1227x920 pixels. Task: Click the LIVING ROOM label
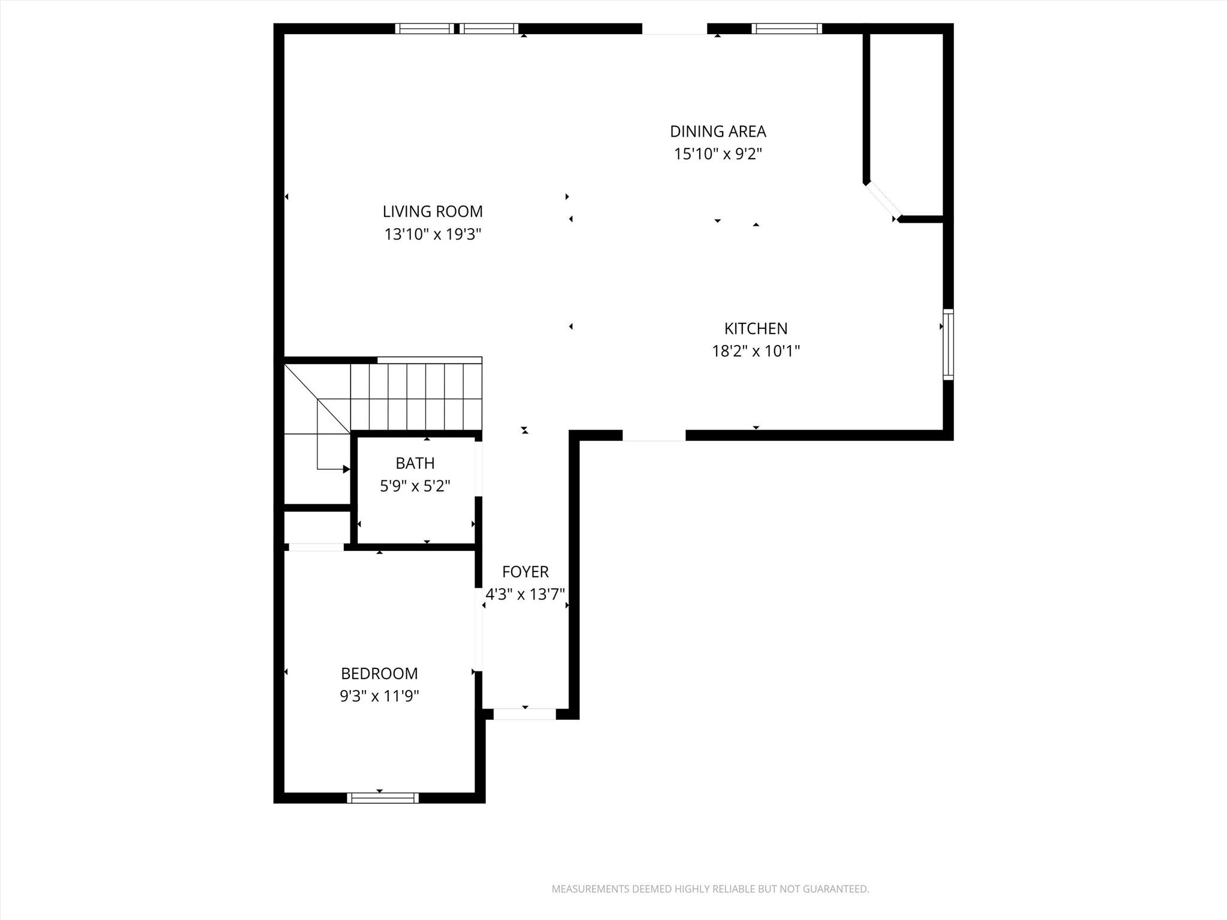pos(433,211)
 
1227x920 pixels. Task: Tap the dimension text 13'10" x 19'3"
pos(433,234)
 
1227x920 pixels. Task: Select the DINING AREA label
pos(718,131)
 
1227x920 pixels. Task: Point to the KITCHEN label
pos(755,328)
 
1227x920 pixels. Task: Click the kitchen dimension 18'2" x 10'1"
pos(755,351)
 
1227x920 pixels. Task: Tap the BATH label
pos(415,463)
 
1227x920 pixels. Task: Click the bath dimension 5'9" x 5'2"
pos(415,486)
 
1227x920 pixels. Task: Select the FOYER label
pos(525,572)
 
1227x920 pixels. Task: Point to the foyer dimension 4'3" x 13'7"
pos(525,594)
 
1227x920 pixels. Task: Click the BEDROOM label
pos(379,673)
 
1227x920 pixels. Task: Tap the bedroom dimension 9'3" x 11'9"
pos(379,696)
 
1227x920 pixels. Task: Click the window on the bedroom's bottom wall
pos(382,797)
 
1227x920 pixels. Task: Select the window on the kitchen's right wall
pos(948,344)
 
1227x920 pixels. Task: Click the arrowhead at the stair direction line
pos(346,469)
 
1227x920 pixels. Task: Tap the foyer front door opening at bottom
pos(524,714)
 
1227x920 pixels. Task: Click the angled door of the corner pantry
pos(883,201)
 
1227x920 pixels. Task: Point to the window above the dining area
pos(786,28)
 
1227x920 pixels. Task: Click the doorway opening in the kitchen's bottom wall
pos(654,436)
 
